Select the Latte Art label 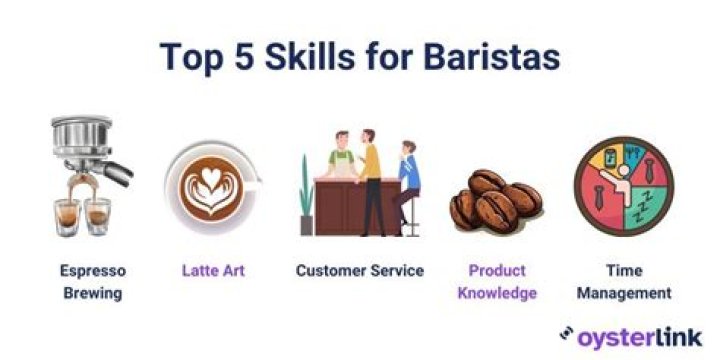coord(213,270)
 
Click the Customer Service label coord(359,270)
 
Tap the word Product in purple coord(498,271)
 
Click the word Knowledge coord(498,293)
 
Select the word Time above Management coord(623,271)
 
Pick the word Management coord(623,293)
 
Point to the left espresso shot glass coord(68,214)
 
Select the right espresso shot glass coord(98,214)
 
